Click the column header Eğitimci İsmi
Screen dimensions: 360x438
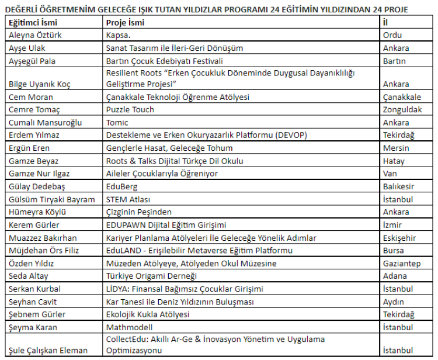point(33,23)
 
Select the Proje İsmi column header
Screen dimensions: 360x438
point(125,23)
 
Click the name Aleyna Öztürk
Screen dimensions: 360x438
point(35,35)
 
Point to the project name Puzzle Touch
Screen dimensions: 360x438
point(130,110)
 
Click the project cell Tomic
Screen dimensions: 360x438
point(117,123)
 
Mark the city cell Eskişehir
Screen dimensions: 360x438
point(400,238)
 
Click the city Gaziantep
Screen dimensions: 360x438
point(401,264)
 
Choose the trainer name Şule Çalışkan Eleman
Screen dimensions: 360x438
point(48,351)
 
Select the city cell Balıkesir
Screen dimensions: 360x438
point(399,187)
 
